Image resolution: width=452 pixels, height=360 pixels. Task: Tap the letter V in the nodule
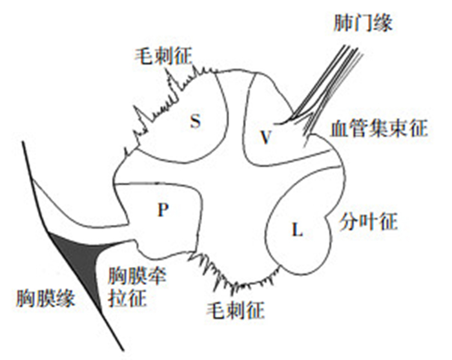coord(265,136)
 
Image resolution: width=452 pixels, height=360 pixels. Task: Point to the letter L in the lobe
coord(298,230)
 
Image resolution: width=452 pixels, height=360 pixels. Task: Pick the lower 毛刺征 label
coord(234,312)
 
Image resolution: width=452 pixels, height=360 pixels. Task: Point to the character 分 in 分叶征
coord(347,223)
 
